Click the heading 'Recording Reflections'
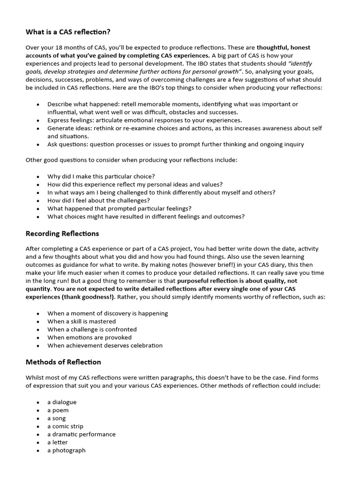coord(62,233)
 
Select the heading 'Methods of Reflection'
coord(63,362)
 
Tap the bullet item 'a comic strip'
coord(65,426)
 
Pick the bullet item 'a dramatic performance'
coord(81,434)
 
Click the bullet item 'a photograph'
coord(66,450)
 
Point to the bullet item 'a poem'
coord(58,410)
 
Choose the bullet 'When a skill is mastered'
coord(81,322)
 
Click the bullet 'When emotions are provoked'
coord(89,337)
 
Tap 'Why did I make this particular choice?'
coord(101,176)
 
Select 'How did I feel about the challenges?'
coord(98,200)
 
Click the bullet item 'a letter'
coord(57,442)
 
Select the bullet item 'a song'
coord(56,418)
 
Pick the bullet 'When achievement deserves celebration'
coord(105,345)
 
